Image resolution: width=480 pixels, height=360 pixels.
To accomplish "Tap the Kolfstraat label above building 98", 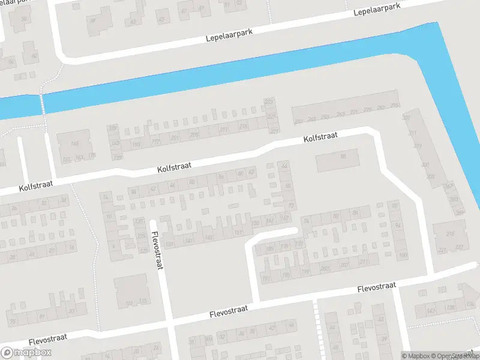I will (321, 137).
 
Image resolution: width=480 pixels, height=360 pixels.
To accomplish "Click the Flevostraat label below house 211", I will (376, 287).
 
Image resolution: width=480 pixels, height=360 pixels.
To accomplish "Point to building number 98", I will (343, 157).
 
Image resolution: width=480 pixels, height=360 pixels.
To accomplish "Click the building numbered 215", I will (450, 233).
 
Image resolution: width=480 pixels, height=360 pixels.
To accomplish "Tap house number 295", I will (394, 106).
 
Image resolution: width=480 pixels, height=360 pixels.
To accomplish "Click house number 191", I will (266, 278).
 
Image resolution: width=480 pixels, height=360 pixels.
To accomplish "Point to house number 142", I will (430, 311).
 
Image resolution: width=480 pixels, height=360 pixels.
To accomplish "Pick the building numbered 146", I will (75, 144).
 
